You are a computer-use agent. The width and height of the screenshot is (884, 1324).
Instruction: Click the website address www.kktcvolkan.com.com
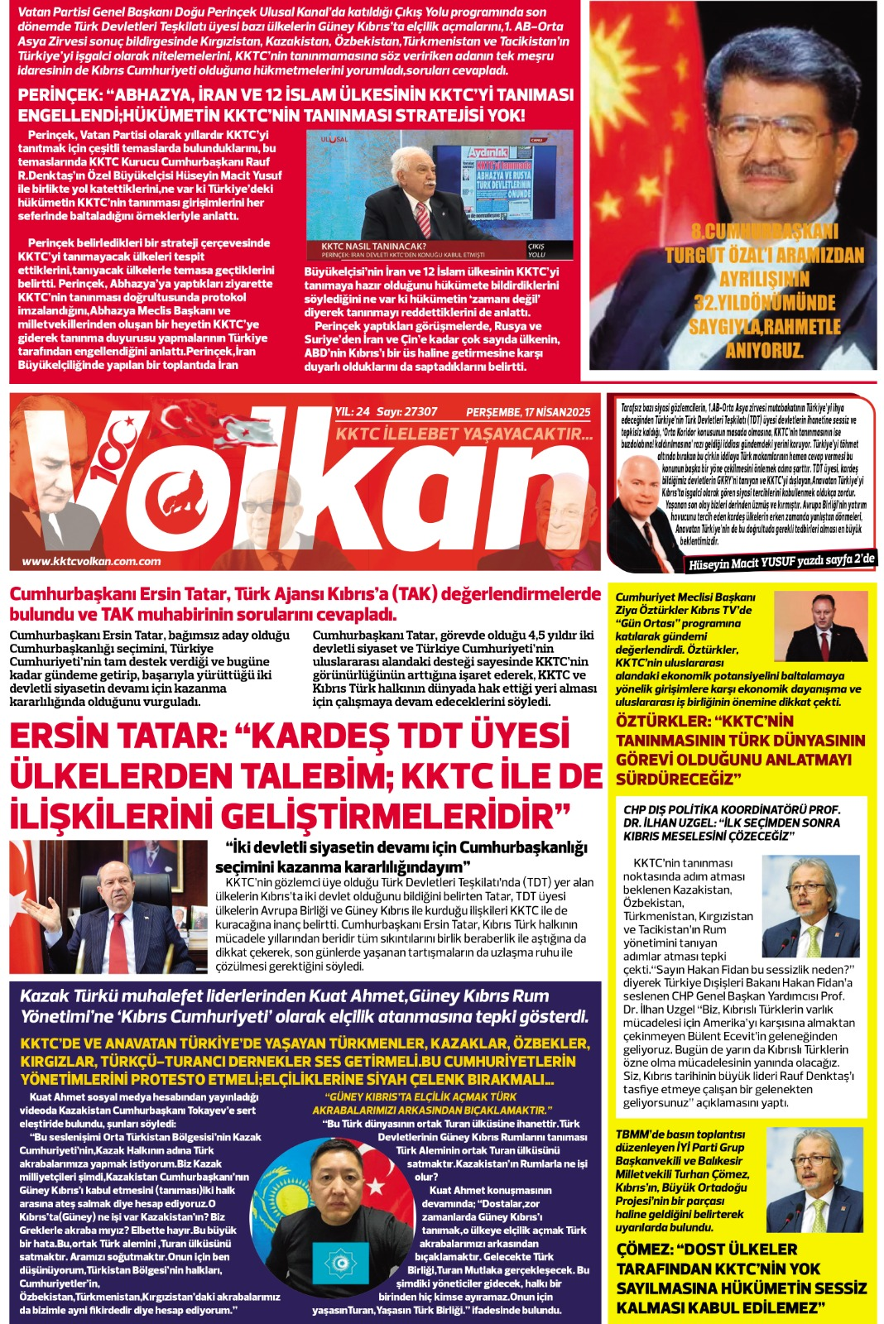[91, 561]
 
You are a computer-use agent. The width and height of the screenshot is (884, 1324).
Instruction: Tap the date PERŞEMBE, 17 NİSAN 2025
[528, 412]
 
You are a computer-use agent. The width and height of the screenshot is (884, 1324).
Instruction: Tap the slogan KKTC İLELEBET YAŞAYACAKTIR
[464, 434]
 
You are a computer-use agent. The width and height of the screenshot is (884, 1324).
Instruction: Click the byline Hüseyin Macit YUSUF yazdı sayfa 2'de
[781, 562]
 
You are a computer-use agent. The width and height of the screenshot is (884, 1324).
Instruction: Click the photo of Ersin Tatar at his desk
[109, 905]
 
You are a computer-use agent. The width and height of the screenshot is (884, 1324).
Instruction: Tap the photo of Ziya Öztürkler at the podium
[824, 626]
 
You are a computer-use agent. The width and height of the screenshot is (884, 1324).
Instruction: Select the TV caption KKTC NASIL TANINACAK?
[374, 246]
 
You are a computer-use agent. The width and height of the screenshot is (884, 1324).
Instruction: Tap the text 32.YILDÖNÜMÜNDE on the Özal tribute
[764, 303]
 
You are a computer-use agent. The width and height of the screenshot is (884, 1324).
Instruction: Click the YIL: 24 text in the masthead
[353, 411]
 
